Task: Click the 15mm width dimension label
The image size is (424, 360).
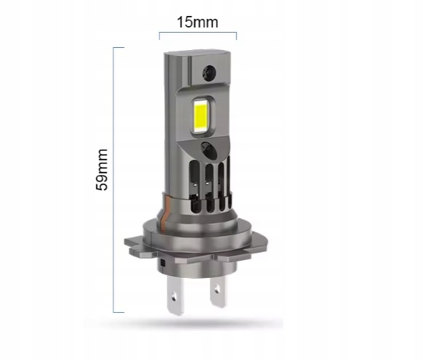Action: tap(197, 22)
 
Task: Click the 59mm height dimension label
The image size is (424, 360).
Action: tap(102, 169)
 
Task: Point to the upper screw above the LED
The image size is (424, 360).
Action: tap(209, 73)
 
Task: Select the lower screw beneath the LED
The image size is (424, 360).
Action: tap(208, 150)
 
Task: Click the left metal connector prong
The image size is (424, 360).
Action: tap(175, 295)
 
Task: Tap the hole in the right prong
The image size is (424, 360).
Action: tap(216, 290)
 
